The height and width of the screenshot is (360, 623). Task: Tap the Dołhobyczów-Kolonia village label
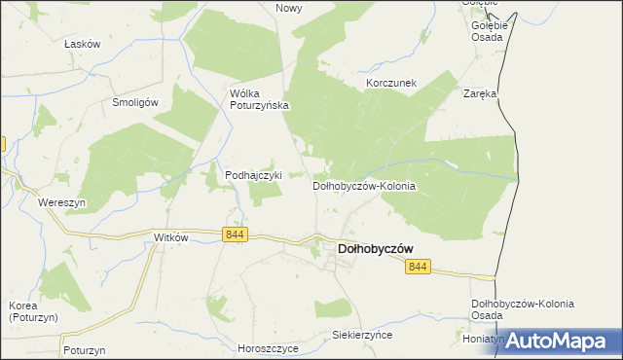point(364,185)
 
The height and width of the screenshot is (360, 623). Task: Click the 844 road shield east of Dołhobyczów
point(418,267)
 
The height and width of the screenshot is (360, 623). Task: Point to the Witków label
point(170,237)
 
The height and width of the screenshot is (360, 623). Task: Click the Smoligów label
point(135,101)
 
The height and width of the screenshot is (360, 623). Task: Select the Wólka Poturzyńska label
point(259,99)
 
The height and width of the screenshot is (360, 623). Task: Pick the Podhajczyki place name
point(253,175)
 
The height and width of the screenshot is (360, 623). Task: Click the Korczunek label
point(391,84)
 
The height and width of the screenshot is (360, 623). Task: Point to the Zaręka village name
point(480,94)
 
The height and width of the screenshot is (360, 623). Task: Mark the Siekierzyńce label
point(361,334)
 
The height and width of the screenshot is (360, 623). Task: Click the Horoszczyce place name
point(268,347)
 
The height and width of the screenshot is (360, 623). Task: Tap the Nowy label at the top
point(289,8)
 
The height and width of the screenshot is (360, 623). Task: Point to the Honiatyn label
point(483,340)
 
